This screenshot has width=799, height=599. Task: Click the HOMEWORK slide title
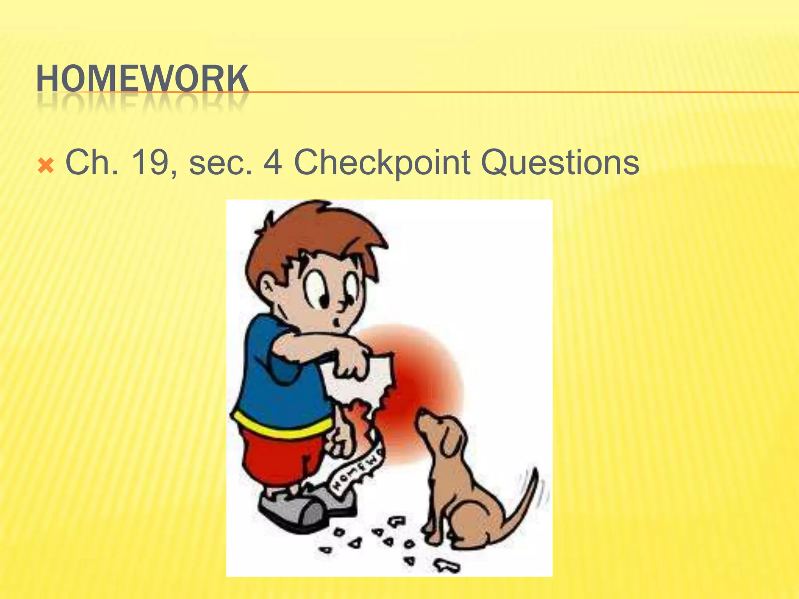point(142,79)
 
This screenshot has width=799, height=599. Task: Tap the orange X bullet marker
point(46,166)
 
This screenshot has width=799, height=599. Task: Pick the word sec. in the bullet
point(220,163)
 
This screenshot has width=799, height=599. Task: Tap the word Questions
point(560,163)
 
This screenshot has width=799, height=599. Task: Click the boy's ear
point(269,287)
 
